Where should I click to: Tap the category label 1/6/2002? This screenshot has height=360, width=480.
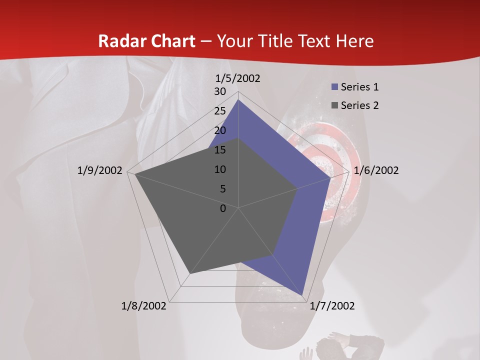pos(376,170)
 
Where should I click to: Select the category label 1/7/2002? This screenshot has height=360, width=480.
pos(332,306)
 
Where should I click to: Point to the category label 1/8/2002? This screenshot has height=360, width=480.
pos(144,306)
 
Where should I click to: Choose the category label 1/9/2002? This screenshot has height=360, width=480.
pos(100,170)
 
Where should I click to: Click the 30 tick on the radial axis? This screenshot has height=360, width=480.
pos(220,91)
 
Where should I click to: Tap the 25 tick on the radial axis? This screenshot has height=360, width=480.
pos(220,111)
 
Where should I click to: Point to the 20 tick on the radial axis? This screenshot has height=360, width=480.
pos(220,130)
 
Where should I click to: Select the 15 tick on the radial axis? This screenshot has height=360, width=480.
pos(220,150)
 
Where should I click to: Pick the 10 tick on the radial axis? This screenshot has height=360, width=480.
pos(220,169)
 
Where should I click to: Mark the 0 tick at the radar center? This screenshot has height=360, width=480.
pos(223,208)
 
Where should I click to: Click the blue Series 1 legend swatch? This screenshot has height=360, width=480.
pos(335,87)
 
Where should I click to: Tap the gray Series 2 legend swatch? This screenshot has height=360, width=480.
pos(335,105)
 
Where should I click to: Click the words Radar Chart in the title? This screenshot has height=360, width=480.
pos(146,41)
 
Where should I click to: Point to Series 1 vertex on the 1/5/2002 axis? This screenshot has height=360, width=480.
pos(238,99)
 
